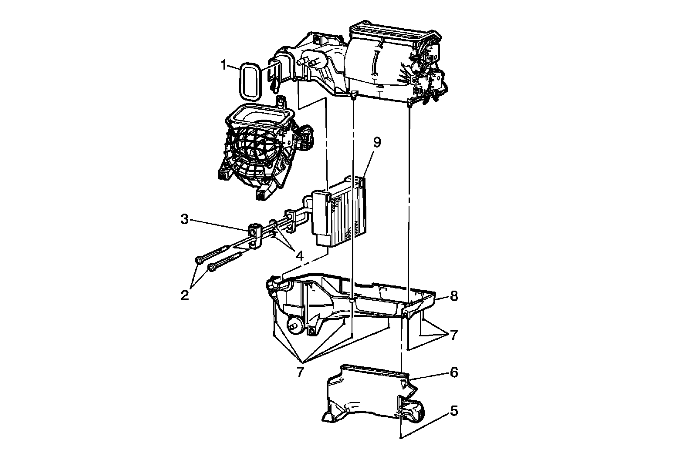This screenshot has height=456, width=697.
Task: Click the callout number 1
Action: pos(223,66)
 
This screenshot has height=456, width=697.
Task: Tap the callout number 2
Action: pos(185,295)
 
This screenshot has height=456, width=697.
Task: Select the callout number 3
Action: pos(185,219)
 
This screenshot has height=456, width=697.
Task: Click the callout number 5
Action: pos(454,410)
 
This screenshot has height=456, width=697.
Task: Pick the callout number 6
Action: pos(454,373)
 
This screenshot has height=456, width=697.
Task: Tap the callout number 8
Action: pos(454,296)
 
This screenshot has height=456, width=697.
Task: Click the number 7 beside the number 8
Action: pos(454,335)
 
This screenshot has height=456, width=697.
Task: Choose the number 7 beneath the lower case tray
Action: pos(300,372)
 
